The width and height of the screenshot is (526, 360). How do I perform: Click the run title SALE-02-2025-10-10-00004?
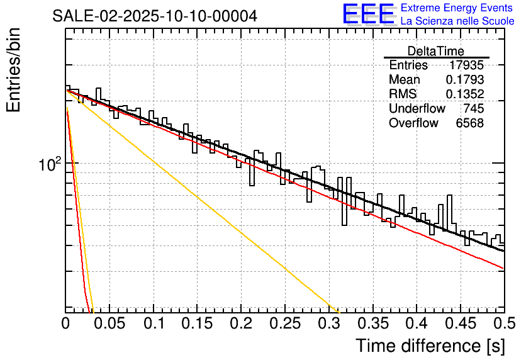[x=155, y=16]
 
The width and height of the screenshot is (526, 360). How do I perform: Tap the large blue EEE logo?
[x=368, y=14]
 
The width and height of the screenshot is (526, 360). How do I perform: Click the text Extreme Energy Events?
[x=457, y=8]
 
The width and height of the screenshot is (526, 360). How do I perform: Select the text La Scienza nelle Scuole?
[x=457, y=21]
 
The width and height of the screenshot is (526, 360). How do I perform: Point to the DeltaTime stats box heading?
[x=435, y=51]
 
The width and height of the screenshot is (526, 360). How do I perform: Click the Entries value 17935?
[x=466, y=65]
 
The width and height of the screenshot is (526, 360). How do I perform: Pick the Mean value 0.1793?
[x=464, y=80]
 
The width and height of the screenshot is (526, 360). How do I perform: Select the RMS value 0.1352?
[x=464, y=94]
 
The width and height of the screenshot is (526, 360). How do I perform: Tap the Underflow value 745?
[x=473, y=109]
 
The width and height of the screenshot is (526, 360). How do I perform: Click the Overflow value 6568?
[x=469, y=123]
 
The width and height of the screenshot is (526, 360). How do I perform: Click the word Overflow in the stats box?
[x=413, y=123]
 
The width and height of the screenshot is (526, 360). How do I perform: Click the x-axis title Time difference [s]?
[x=430, y=346]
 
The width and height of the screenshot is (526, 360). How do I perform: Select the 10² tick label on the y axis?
[x=50, y=165]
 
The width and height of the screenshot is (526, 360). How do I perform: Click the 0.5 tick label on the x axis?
[x=504, y=323]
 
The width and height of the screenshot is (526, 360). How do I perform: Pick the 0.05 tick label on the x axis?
[x=110, y=323]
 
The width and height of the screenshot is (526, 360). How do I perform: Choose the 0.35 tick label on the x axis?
[x=373, y=323]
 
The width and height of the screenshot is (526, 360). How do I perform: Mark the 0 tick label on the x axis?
[x=66, y=323]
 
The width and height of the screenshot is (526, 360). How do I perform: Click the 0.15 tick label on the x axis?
[x=198, y=323]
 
